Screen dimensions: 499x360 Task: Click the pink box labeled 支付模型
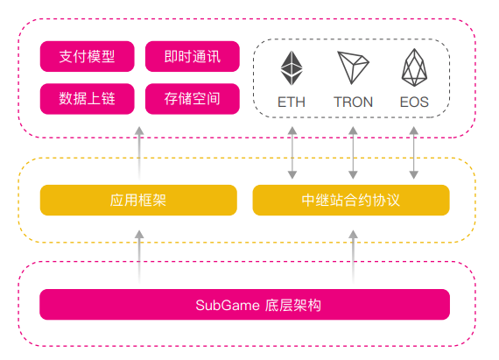tap(88, 56)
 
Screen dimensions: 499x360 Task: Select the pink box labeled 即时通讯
tap(193, 56)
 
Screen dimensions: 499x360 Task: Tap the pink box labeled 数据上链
tap(88, 99)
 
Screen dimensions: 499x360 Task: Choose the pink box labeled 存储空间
tap(193, 99)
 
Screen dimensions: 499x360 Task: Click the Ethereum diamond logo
tap(292, 67)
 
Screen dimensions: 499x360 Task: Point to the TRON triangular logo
tap(353, 67)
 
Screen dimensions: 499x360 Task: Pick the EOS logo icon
tap(414, 67)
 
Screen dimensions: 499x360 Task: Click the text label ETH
tap(292, 102)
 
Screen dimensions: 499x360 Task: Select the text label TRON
tap(353, 102)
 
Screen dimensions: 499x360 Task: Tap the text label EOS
tap(414, 102)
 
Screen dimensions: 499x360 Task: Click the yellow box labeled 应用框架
tap(138, 201)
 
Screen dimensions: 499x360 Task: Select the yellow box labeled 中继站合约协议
tap(351, 201)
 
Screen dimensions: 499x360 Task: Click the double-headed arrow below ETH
tap(292, 152)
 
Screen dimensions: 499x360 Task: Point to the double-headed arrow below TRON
tap(353, 152)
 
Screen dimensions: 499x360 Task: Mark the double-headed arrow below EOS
tap(414, 152)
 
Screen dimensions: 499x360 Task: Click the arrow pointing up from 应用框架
tap(139, 153)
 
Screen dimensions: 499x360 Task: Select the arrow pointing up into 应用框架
tap(139, 257)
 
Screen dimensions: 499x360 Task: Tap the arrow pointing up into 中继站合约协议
tap(353, 257)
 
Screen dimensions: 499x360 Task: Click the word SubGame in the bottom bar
tap(228, 305)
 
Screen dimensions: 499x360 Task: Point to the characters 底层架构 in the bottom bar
tap(292, 305)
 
